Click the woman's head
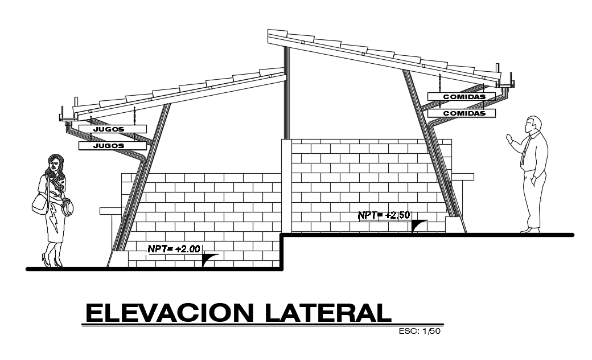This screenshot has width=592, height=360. pos(55,164)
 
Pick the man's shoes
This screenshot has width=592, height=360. pos(530,230)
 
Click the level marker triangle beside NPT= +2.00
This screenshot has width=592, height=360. pos(209,261)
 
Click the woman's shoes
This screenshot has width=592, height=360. pos(51,262)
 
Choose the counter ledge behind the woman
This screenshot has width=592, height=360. pos(110,211)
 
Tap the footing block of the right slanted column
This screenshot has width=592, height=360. pos(454,225)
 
